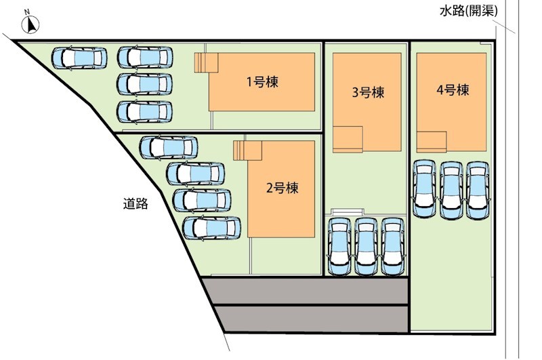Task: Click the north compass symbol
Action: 30,24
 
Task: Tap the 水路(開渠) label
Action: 468,12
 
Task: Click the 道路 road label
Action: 135,203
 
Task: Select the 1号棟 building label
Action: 262,82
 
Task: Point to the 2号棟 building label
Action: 282,188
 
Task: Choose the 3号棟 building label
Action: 368,92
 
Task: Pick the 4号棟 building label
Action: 453,90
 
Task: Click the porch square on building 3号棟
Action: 348,140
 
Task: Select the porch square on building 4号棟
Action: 432,142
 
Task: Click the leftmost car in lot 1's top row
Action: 79,58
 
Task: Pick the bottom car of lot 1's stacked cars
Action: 144,112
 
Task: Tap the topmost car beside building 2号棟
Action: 168,147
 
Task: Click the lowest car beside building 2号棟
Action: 211,228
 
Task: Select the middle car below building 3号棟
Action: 367,247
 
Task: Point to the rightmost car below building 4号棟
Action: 478,191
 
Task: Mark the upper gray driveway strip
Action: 306,291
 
